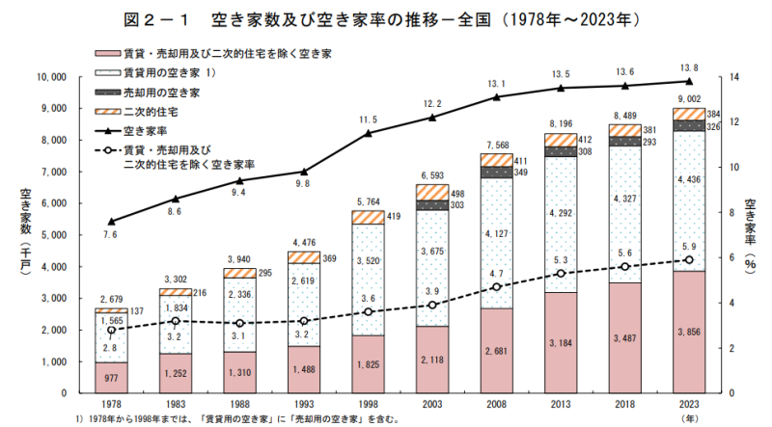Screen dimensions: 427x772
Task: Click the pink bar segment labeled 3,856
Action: pyautogui.click(x=688, y=332)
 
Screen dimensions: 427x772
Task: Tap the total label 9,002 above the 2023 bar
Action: pyautogui.click(x=688, y=99)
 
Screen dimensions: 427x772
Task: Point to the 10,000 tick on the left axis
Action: pyautogui.click(x=49, y=76)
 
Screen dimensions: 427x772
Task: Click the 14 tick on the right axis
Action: pyautogui.click(x=733, y=76)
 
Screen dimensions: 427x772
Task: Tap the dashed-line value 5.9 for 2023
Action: pyautogui.click(x=688, y=245)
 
